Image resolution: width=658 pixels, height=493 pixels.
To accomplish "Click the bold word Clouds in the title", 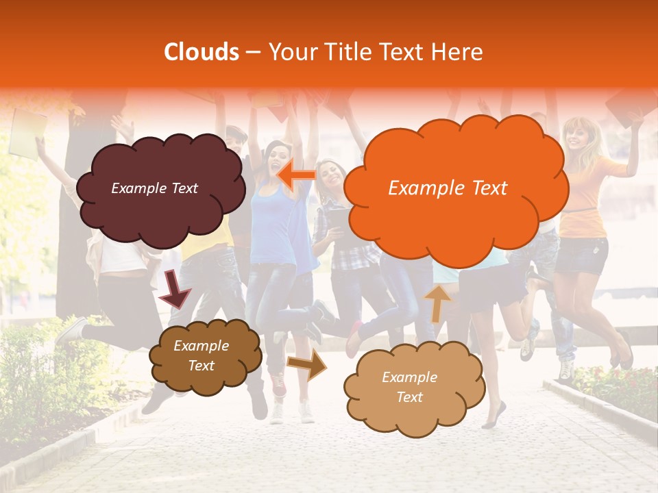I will point(202,52).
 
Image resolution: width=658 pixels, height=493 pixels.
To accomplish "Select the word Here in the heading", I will point(458,52).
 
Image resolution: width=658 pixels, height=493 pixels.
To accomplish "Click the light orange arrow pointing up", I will point(437,302).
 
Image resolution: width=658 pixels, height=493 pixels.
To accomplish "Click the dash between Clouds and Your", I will point(253,52).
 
